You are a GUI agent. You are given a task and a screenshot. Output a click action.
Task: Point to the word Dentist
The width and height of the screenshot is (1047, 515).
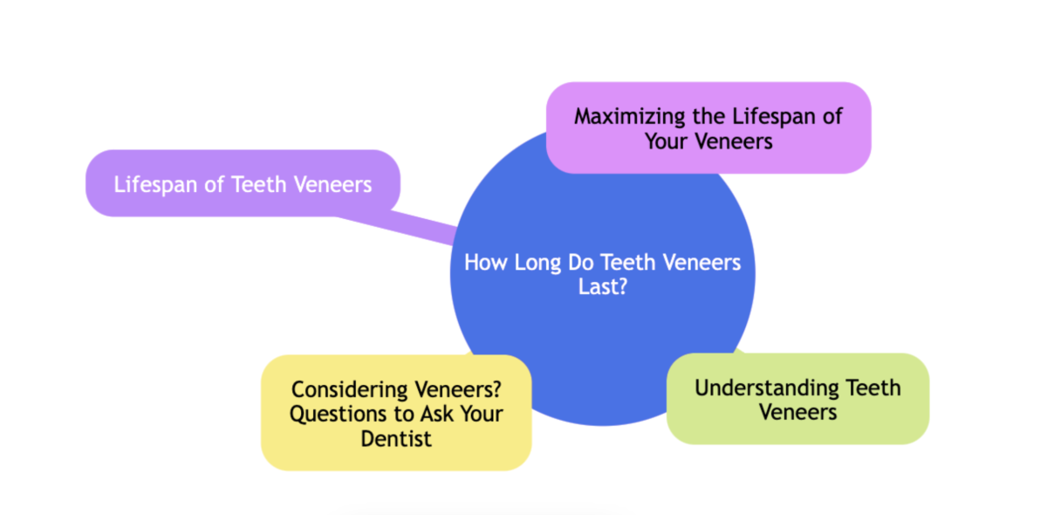(x=396, y=438)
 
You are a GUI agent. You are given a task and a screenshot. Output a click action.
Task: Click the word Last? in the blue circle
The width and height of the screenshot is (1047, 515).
(x=603, y=287)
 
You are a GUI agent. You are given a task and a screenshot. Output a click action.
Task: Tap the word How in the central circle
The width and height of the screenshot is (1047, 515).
(x=483, y=263)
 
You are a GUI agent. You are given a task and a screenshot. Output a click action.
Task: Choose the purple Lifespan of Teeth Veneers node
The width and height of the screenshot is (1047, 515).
(x=243, y=184)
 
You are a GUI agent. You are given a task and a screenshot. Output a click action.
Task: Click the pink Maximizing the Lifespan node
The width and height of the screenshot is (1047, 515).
(x=708, y=127)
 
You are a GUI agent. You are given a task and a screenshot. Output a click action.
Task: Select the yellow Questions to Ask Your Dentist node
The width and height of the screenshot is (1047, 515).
(x=396, y=413)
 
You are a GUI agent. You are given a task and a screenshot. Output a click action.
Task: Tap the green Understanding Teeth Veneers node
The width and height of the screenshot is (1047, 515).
(x=797, y=399)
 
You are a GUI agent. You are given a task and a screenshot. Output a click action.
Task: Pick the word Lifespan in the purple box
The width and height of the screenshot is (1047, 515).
(x=154, y=184)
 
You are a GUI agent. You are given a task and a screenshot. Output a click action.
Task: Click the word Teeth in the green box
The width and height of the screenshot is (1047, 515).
(x=873, y=387)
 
